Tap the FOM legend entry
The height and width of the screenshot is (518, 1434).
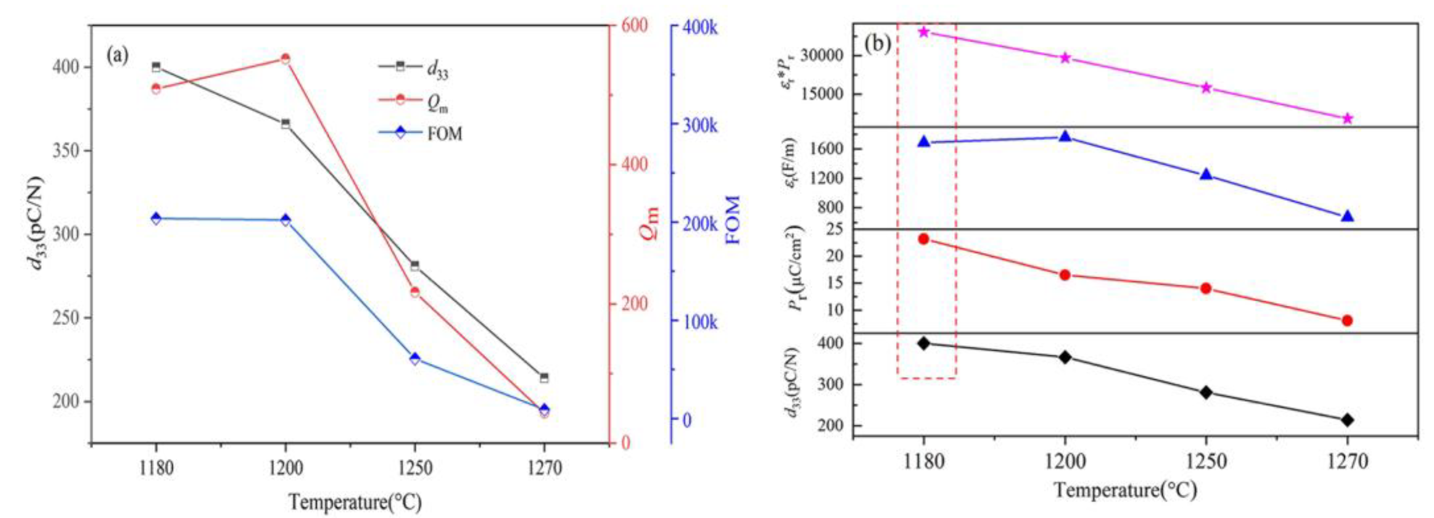[420, 134]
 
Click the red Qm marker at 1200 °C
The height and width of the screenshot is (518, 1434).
[285, 59]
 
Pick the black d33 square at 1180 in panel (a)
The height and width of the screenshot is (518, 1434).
[156, 67]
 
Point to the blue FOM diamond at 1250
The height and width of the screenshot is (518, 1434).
[415, 359]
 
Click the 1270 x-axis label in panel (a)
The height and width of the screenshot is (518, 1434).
[544, 468]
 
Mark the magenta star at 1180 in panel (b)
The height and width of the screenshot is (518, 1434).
[924, 32]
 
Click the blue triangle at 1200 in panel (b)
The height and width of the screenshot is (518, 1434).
[1065, 136]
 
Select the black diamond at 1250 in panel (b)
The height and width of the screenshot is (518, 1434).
[1206, 392]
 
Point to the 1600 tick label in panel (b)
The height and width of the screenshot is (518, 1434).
[829, 149]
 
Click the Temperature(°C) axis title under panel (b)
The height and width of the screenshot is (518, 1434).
[1125, 491]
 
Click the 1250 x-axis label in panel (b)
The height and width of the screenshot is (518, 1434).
[1206, 462]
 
